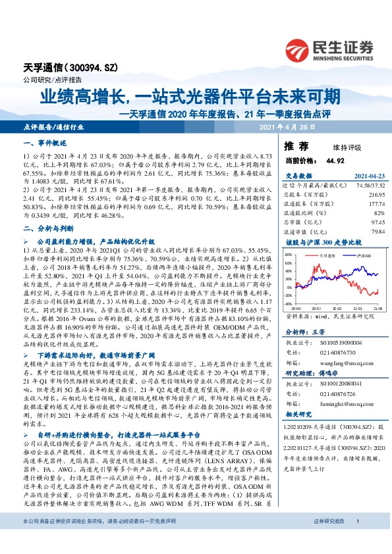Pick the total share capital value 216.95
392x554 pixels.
(x=374, y=196)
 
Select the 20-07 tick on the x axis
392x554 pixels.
(x=316, y=307)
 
